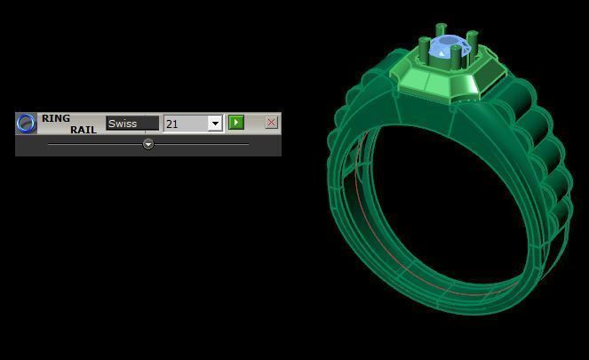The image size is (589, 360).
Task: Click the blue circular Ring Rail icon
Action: click(x=28, y=123)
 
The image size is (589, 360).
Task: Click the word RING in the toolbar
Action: click(x=56, y=118)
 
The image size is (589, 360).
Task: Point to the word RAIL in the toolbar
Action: click(x=84, y=130)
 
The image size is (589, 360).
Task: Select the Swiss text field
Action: click(x=131, y=124)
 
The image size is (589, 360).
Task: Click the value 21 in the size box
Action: click(x=184, y=124)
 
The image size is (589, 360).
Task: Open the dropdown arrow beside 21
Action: click(x=214, y=124)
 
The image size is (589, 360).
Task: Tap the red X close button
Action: click(x=271, y=123)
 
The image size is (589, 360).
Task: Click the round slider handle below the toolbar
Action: click(x=148, y=143)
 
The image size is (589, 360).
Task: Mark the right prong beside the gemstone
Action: click(x=474, y=42)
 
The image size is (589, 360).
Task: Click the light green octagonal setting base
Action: click(x=439, y=84)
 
